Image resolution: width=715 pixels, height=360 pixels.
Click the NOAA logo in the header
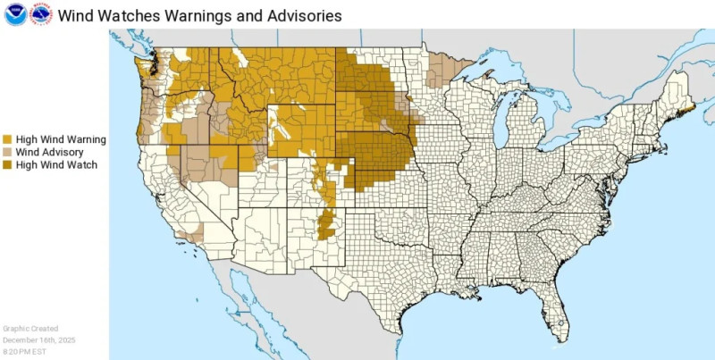click(x=15, y=14)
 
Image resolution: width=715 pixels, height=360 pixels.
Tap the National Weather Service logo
click(x=40, y=14)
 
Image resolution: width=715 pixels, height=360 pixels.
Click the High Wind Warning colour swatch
click(x=8, y=139)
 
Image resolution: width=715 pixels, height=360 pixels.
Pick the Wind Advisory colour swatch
click(x=8, y=153)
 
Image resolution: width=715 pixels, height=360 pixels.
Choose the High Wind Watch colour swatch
click(x=8, y=165)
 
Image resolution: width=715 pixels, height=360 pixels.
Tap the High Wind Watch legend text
click(x=56, y=165)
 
